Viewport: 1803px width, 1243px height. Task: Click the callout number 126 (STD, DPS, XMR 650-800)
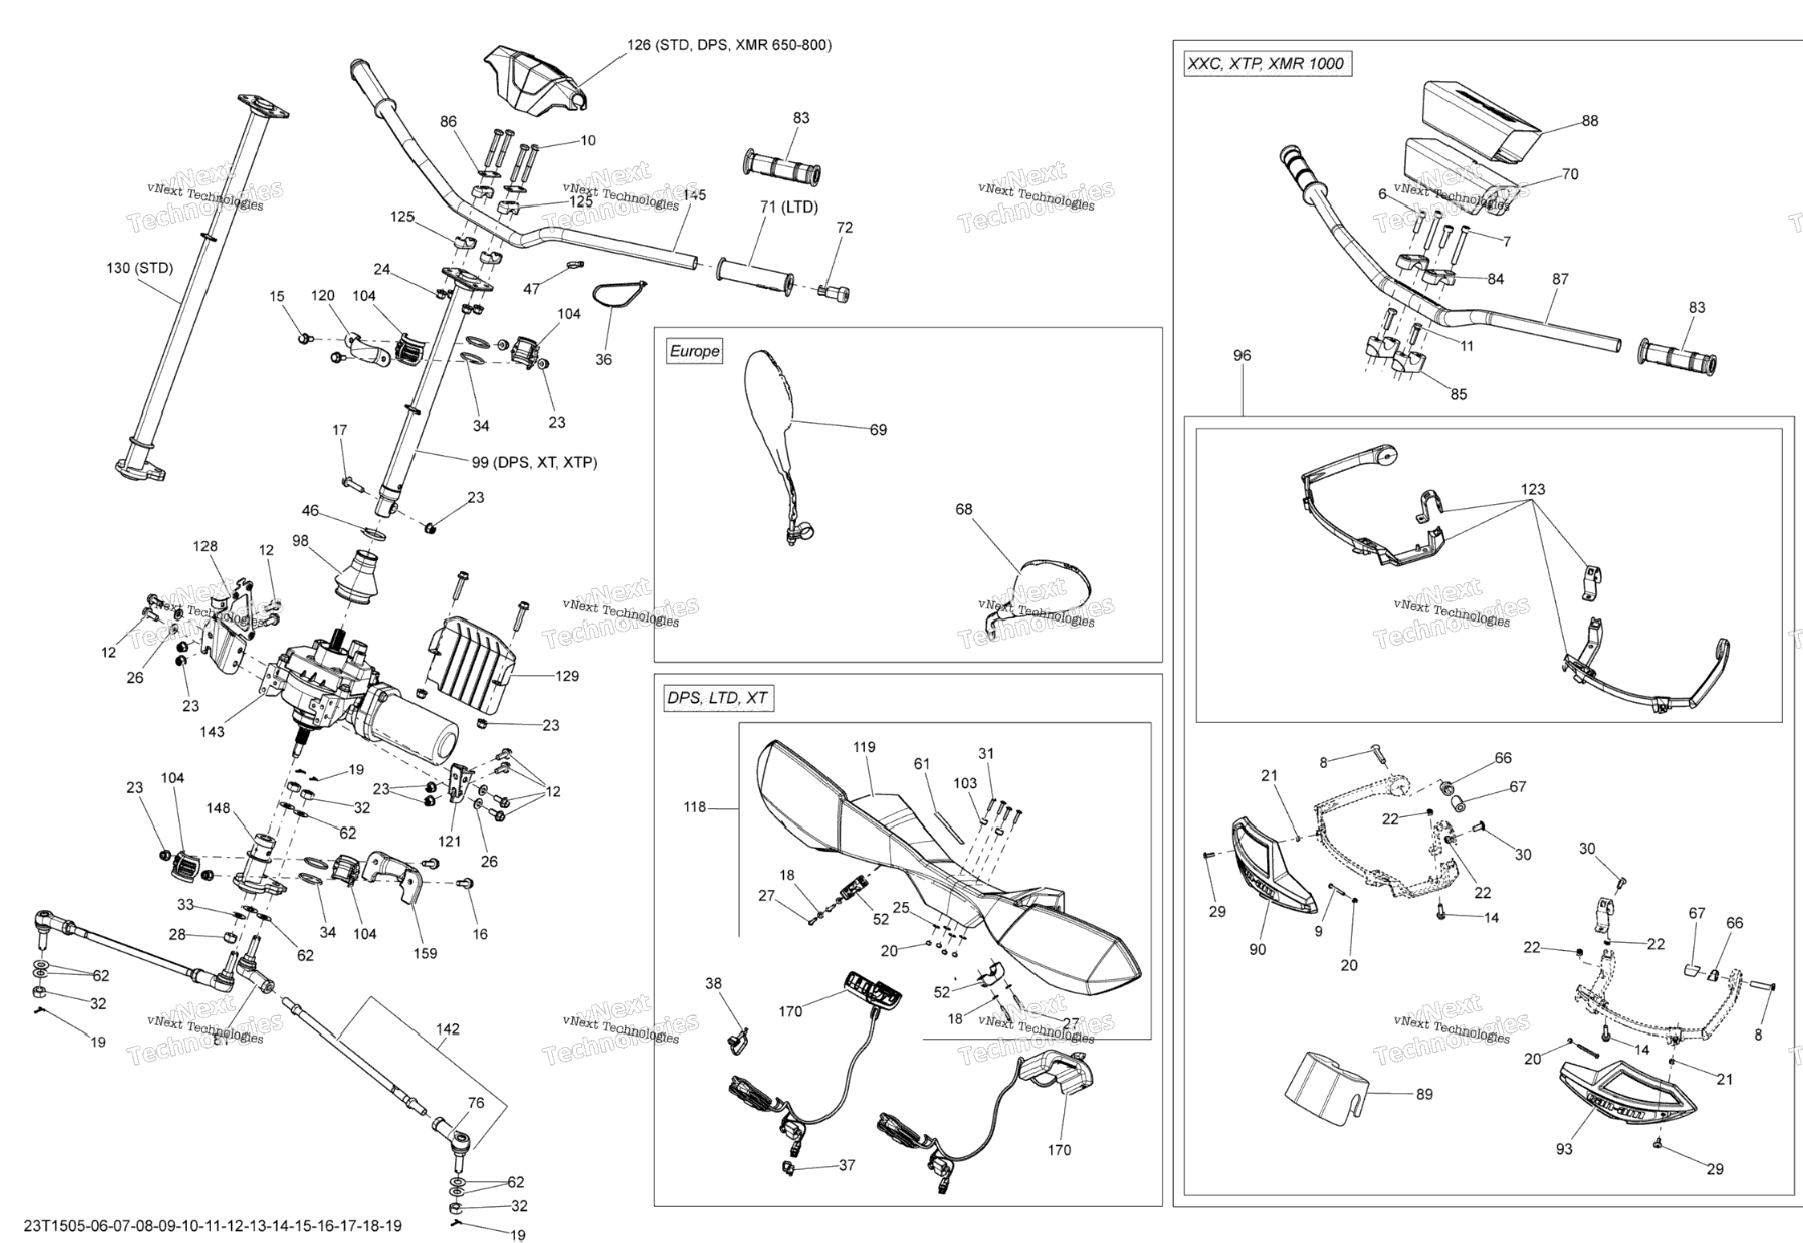(x=729, y=45)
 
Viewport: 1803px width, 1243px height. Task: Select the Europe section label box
(x=695, y=351)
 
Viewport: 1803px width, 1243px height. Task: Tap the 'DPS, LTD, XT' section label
(x=717, y=698)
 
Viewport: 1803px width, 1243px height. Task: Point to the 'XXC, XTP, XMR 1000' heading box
(x=1268, y=64)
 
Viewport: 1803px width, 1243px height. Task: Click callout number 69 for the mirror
(x=879, y=430)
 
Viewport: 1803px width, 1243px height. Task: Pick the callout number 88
(x=1590, y=121)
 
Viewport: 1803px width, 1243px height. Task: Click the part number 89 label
(x=1423, y=1095)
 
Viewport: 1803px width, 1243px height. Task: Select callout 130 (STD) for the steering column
(x=140, y=268)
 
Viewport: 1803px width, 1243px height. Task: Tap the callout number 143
(x=212, y=732)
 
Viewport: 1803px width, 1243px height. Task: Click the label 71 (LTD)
(x=789, y=208)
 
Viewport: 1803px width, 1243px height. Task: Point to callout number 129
(x=566, y=676)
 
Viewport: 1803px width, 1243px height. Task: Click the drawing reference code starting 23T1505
(x=213, y=1226)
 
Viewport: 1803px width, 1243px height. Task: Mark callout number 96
(x=1242, y=355)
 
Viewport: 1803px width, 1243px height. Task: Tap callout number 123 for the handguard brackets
(x=1533, y=489)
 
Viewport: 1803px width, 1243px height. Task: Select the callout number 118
(x=694, y=807)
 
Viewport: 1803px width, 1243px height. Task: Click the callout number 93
(x=1564, y=1149)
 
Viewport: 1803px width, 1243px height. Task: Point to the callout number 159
(x=425, y=953)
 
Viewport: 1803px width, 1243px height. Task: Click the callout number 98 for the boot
(x=300, y=541)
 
